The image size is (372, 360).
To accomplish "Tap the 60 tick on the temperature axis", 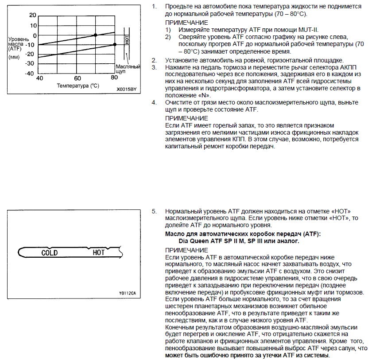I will click(x=77, y=78).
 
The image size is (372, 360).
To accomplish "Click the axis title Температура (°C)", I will click(x=77, y=85).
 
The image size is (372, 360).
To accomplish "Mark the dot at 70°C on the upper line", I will click(x=95, y=35).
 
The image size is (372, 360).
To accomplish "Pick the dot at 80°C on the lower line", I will click(x=115, y=44).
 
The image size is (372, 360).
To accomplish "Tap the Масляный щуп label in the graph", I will click(x=128, y=69).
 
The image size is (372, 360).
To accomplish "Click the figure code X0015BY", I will click(x=127, y=89).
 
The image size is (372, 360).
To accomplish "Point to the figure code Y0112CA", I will click(x=127, y=293).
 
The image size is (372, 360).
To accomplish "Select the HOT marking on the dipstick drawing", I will click(x=99, y=253).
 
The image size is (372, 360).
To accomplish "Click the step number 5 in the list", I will click(x=154, y=212).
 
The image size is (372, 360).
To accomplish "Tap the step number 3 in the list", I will click(x=154, y=67).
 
